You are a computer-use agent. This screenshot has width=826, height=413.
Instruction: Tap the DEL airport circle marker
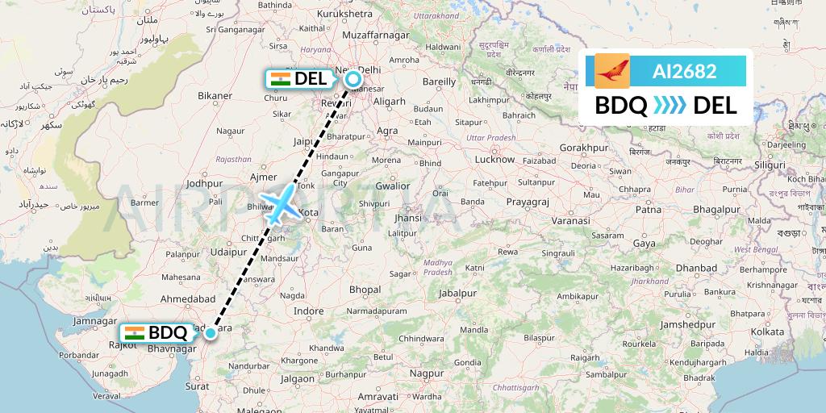pyautogui.click(x=353, y=79)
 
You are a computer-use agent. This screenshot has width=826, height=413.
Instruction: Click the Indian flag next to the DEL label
pyautogui.click(x=281, y=79)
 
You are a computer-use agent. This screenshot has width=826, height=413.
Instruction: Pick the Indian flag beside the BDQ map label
pyautogui.click(x=135, y=332)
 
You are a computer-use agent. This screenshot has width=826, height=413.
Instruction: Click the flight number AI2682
pyautogui.click(x=684, y=71)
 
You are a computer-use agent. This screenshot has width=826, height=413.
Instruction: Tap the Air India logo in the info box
pyautogui.click(x=611, y=71)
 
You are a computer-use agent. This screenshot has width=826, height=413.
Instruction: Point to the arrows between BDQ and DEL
pyautogui.click(x=670, y=105)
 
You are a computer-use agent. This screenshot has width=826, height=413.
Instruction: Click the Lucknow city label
pyautogui.click(x=494, y=160)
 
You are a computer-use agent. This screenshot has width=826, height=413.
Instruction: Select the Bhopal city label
pyautogui.click(x=365, y=290)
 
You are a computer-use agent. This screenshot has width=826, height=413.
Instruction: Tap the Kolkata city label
pyautogui.click(x=767, y=332)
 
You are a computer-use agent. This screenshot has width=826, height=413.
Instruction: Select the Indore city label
pyautogui.click(x=308, y=311)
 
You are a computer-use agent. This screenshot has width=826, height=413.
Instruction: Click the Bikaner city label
pyautogui.click(x=215, y=96)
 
